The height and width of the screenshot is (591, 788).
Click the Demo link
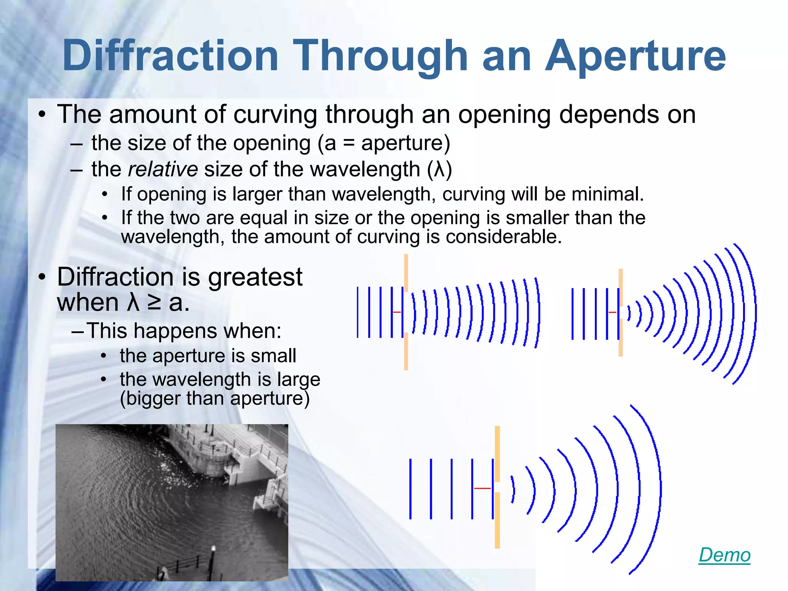[724, 555]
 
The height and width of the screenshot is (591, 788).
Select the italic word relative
[163, 169]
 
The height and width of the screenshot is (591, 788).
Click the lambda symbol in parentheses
[439, 169]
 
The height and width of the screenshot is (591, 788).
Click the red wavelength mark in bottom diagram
[482, 488]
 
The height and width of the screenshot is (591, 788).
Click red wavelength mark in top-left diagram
[397, 312]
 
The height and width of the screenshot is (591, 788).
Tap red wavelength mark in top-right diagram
[612, 312]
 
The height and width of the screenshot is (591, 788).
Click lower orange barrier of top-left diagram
[406, 351]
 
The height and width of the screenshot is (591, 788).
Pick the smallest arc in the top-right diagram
[629, 313]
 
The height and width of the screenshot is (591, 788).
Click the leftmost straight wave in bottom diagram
[411, 489]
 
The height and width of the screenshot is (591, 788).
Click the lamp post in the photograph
[212, 562]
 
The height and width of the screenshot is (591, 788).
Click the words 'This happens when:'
[184, 331]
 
